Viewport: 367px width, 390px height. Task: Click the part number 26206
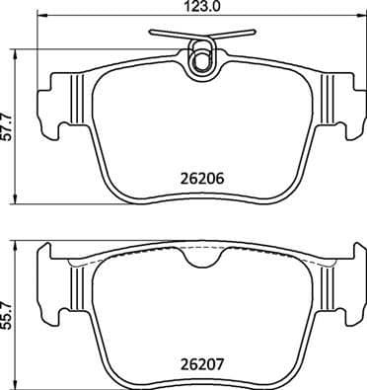200,181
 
